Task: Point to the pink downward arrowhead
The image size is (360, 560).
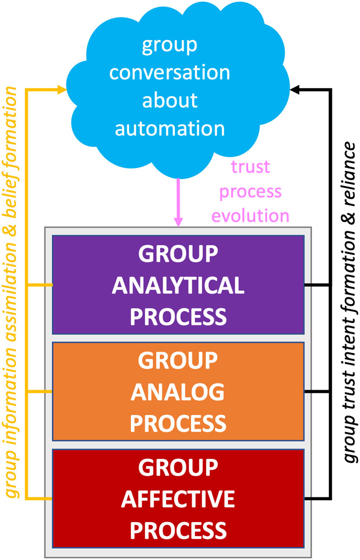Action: tap(178, 221)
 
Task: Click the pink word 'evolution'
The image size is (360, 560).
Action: tap(251, 215)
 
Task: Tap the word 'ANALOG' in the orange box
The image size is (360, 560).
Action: tap(178, 393)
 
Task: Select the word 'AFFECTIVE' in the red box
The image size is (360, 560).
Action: tap(178, 500)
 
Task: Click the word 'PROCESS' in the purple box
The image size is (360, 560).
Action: tap(178, 316)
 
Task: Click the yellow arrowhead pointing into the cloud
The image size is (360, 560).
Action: tap(62, 90)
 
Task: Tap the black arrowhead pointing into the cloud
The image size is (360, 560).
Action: tap(295, 90)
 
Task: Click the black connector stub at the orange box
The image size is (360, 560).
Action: tap(317, 392)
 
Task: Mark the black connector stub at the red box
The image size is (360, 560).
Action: tap(317, 498)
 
